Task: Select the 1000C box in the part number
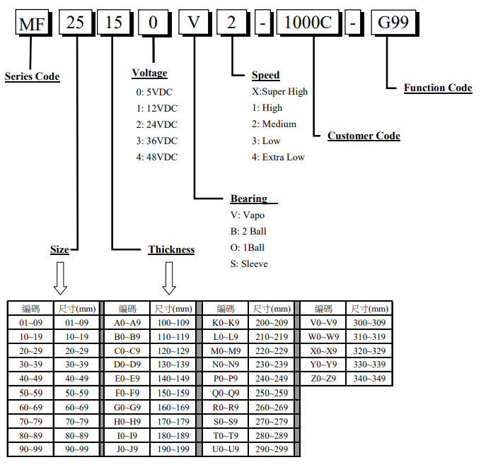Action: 308,24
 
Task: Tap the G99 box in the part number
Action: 394,24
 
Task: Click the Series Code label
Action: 32,76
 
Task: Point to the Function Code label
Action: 438,88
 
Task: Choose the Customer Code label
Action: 364,136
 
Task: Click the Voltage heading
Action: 149,73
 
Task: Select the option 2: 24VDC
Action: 157,124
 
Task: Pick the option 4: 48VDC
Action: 157,157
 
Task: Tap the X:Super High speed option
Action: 279,91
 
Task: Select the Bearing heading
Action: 249,199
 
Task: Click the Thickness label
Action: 171,249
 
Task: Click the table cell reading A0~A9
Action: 127,323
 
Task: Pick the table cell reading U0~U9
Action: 226,449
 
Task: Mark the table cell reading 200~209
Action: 271,323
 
